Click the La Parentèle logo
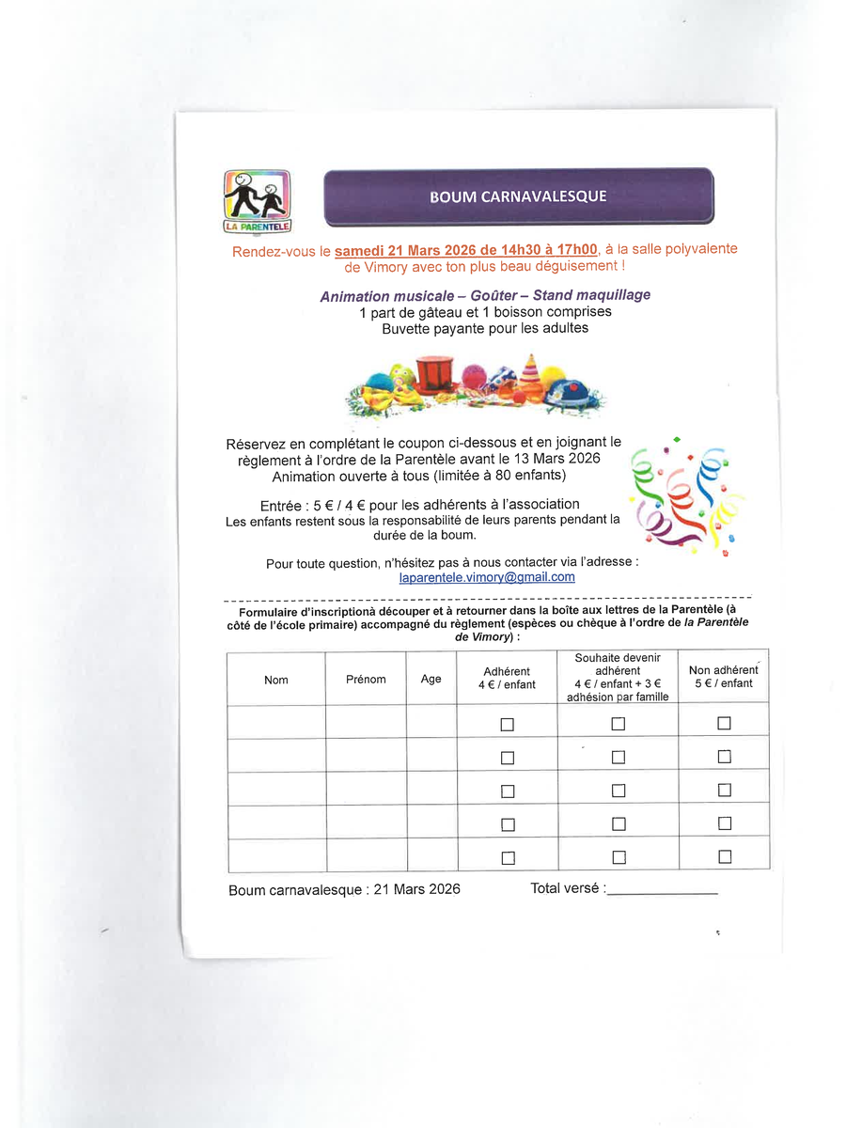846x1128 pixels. [x=258, y=200]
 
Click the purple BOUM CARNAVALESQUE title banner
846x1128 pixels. [x=518, y=196]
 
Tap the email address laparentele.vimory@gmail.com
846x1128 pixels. [x=487, y=577]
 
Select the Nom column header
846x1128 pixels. [x=276, y=680]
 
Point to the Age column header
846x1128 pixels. [x=431, y=679]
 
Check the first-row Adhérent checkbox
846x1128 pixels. [x=508, y=725]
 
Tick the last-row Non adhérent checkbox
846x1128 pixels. [x=724, y=856]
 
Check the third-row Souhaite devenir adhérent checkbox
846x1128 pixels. [x=618, y=791]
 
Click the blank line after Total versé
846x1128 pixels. [x=663, y=891]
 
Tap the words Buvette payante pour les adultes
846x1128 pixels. [x=484, y=329]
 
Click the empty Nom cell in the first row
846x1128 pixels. [x=276, y=722]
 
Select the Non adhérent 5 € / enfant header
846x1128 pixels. [x=723, y=677]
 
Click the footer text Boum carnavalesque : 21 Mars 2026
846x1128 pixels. [x=344, y=889]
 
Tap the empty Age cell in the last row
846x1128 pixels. [x=431, y=854]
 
